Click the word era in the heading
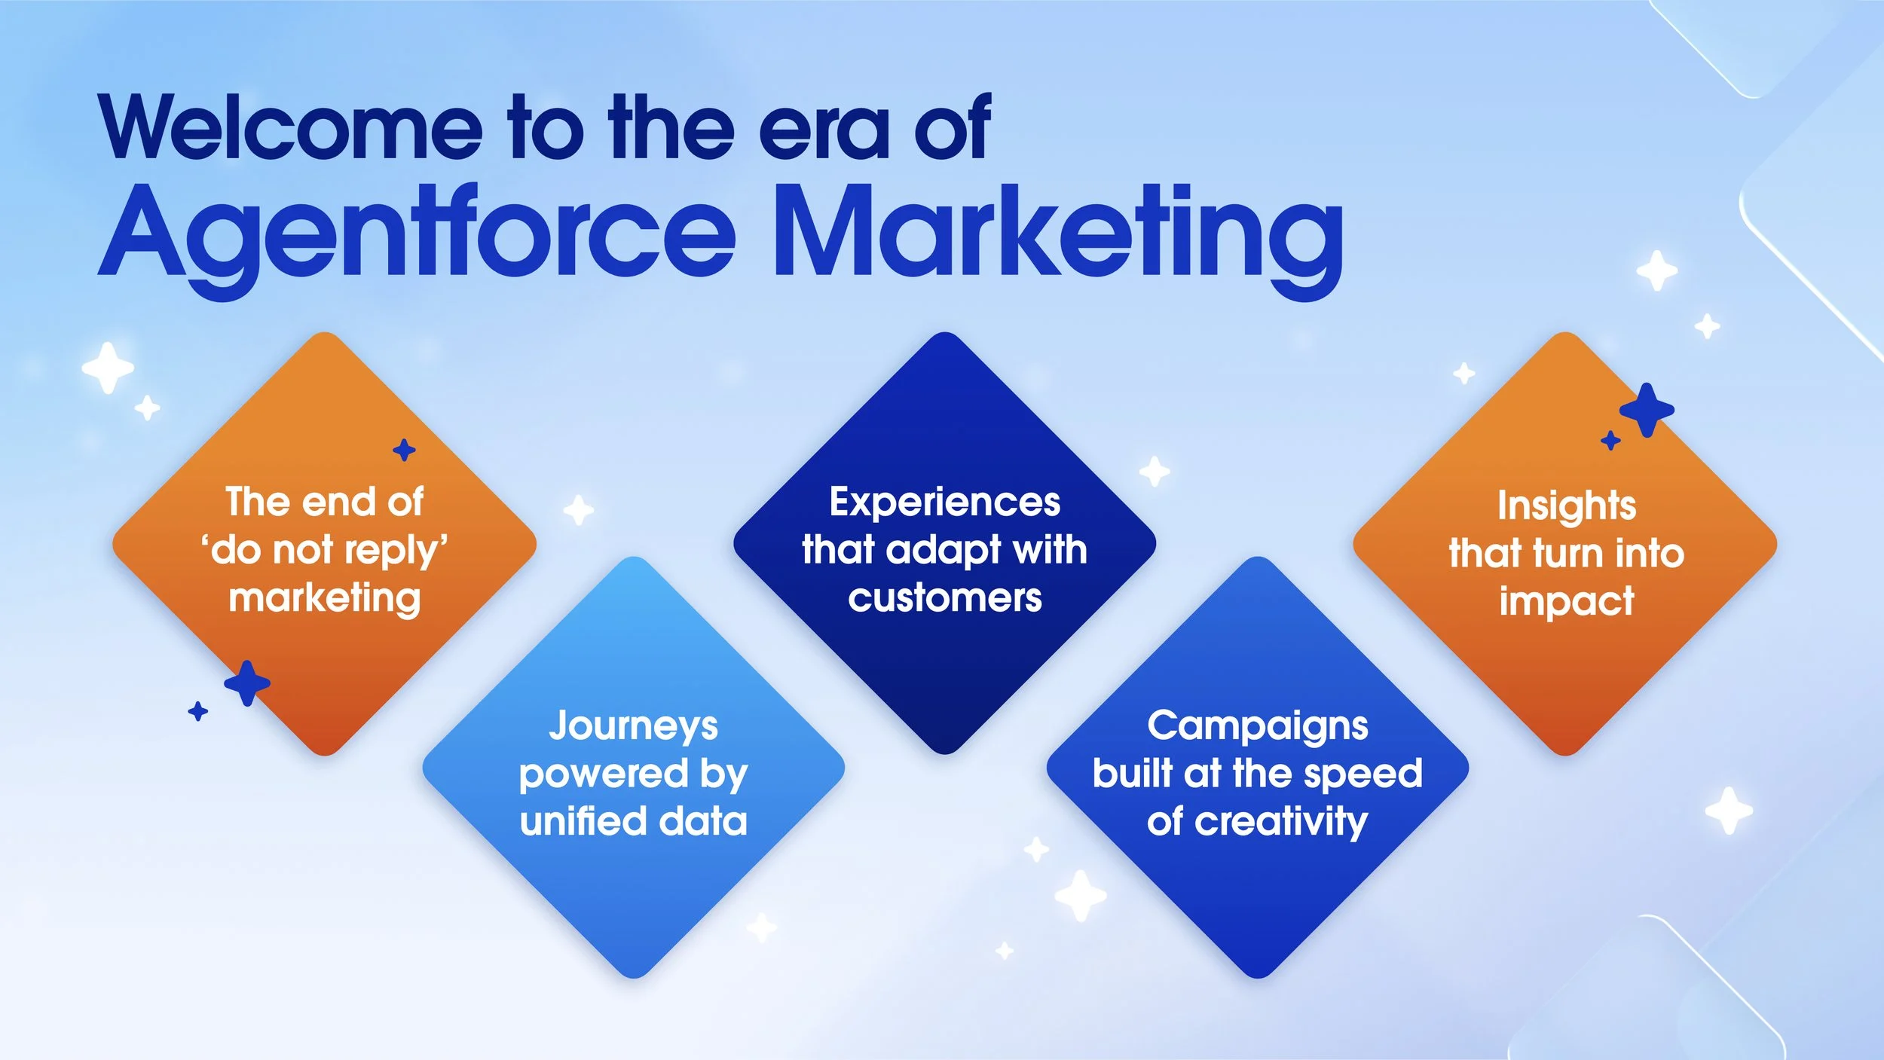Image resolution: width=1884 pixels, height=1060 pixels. tap(825, 130)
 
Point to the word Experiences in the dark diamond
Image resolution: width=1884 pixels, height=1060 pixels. tap(944, 502)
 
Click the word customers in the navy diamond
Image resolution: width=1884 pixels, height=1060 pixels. tap(944, 598)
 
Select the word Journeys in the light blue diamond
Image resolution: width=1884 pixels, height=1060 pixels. tap(633, 726)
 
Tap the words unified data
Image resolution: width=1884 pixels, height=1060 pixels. tap(633, 821)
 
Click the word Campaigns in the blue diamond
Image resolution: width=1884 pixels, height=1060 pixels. tap(1257, 726)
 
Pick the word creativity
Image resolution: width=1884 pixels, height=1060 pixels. tap(1281, 821)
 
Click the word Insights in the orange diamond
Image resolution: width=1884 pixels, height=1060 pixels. tap(1566, 505)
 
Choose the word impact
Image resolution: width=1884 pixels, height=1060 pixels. tap(1566, 601)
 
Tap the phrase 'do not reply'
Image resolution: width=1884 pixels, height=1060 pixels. tap(325, 551)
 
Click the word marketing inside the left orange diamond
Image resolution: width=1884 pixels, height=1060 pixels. tap(325, 598)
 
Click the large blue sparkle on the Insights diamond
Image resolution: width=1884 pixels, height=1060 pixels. tap(1647, 410)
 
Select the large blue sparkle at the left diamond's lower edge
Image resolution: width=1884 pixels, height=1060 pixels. tap(247, 683)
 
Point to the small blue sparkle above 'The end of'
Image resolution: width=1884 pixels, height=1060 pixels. tap(405, 451)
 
